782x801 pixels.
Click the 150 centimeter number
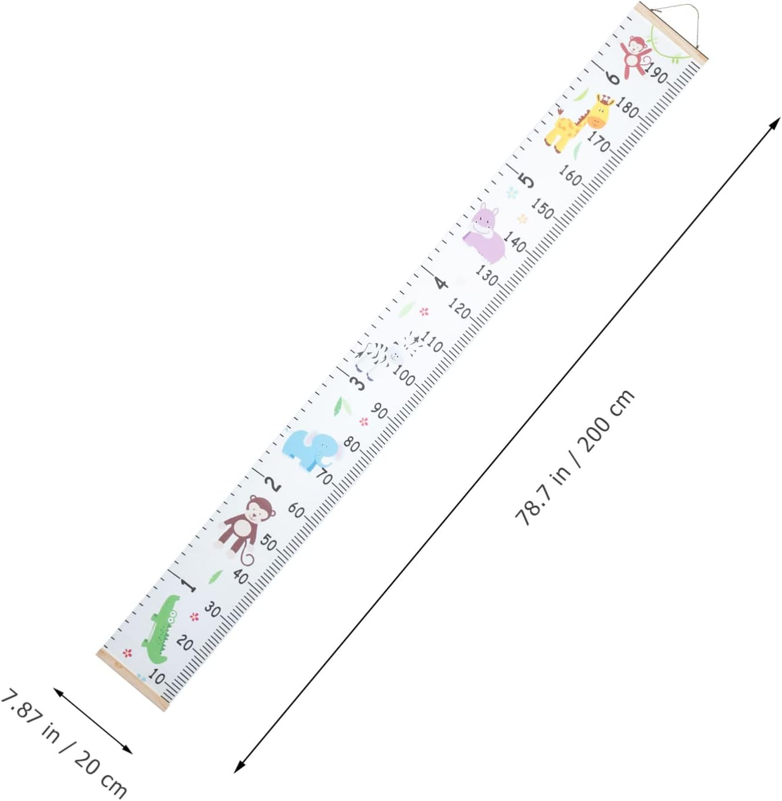[x=542, y=208]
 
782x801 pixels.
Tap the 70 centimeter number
[x=324, y=477]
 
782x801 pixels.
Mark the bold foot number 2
[x=273, y=484]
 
